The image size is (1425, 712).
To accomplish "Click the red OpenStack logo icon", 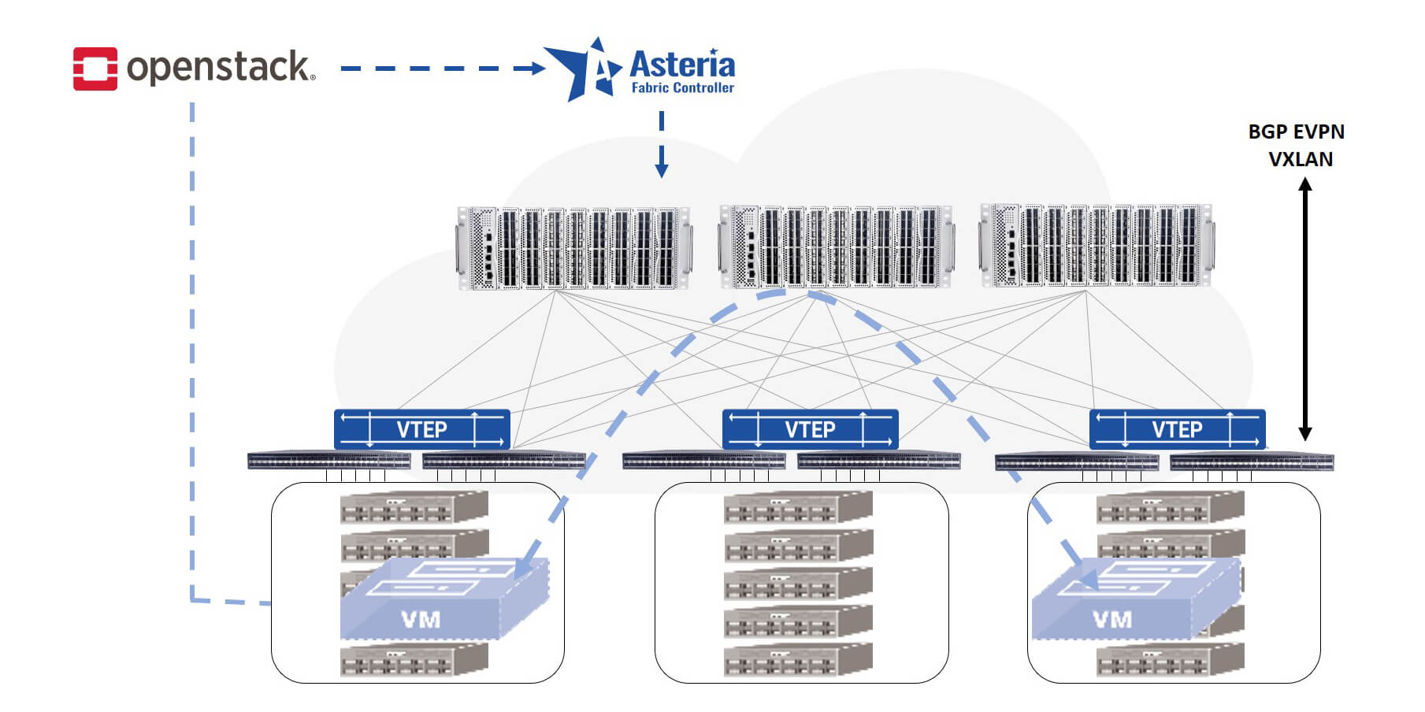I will pos(95,69).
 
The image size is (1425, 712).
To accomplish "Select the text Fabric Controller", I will pos(682,88).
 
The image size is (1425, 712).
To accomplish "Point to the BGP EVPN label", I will pos(1296,132).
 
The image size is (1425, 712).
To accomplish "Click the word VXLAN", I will pos(1301,159).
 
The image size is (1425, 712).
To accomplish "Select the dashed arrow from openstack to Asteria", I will pos(441,69).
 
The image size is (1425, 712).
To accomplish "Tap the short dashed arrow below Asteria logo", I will pos(662,146).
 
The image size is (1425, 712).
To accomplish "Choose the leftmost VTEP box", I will pos(422,429).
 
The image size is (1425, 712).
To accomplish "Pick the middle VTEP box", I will pos(810,429).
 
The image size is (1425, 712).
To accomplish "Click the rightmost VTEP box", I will pos(1177,429).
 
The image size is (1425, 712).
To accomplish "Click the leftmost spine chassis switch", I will pos(574,248).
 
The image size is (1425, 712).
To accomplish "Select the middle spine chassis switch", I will pos(836,247).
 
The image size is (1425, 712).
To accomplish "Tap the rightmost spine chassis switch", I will pos(1096,245).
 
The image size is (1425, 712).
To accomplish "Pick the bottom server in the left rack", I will pos(414,660).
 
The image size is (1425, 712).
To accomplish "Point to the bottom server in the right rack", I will pos(1170,660).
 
